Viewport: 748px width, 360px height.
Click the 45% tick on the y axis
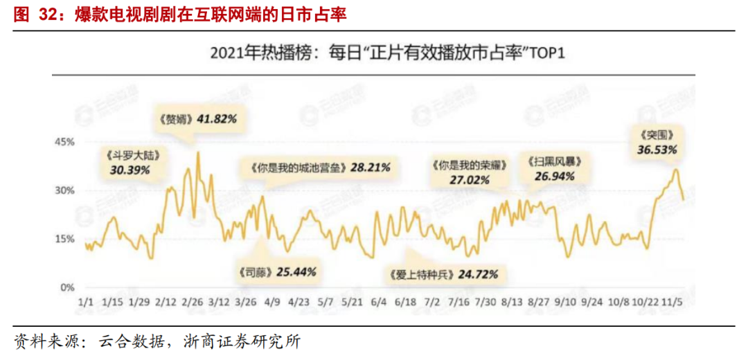point(64,142)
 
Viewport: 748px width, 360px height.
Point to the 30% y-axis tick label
point(64,190)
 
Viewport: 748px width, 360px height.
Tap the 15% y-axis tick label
point(64,239)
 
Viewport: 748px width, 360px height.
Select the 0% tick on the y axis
point(67,287)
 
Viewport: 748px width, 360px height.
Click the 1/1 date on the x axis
point(86,303)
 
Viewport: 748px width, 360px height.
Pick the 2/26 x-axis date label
point(193,303)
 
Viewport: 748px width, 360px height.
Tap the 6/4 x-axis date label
point(379,303)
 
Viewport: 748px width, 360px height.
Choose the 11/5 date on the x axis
point(670,303)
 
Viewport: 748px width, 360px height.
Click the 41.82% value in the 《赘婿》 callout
point(217,118)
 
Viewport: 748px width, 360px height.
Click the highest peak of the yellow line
point(198,152)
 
